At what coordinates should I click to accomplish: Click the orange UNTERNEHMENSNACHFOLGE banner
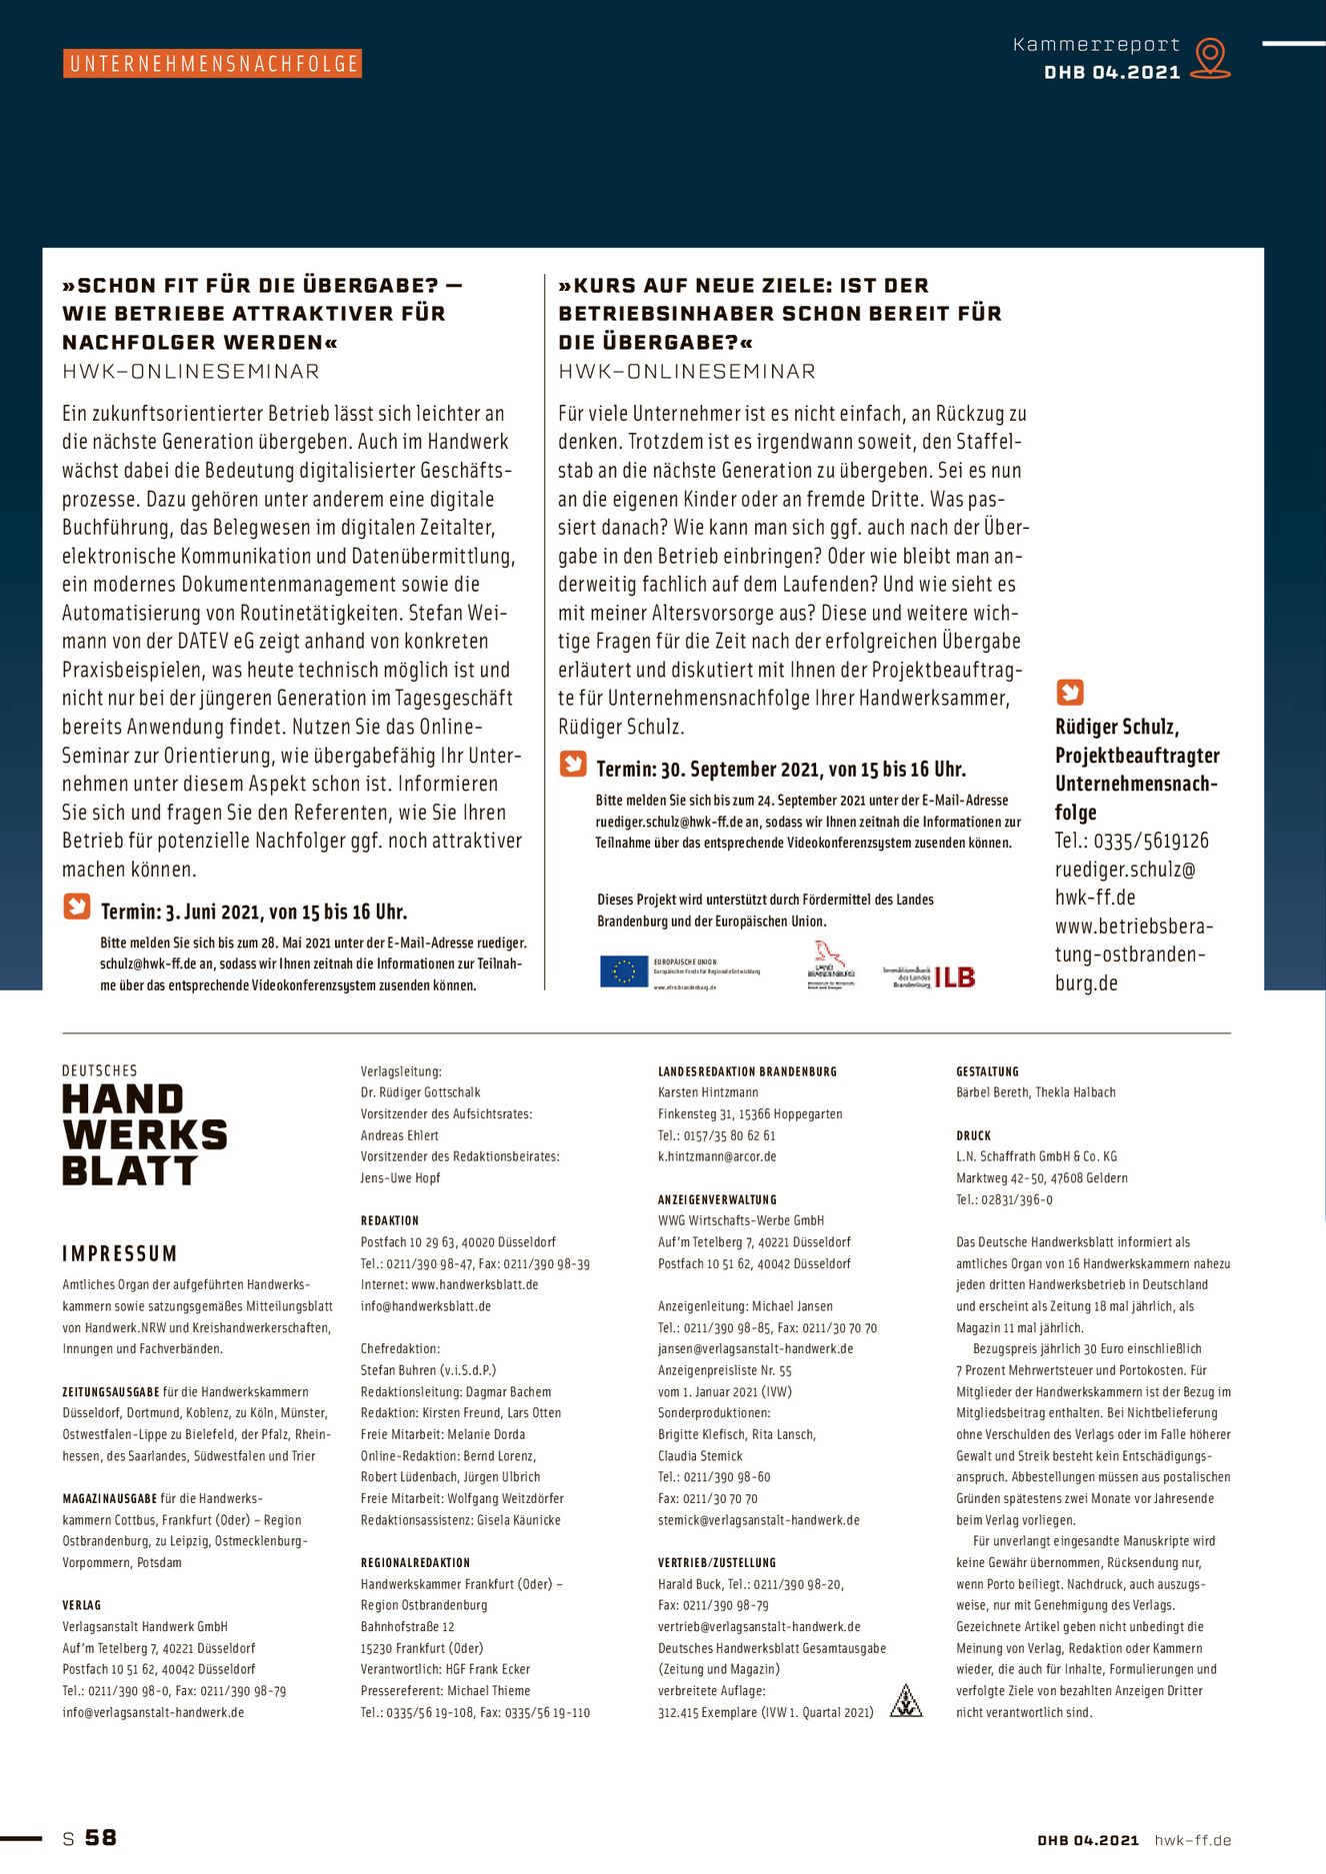click(x=212, y=64)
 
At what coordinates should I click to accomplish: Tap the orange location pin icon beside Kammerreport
click(x=1210, y=57)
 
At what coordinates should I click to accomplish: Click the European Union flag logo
click(x=623, y=971)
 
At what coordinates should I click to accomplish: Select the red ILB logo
click(x=954, y=976)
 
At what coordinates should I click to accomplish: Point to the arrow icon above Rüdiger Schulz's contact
click(x=1069, y=692)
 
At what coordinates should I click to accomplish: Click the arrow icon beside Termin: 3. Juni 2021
click(x=77, y=907)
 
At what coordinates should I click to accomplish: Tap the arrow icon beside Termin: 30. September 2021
click(x=573, y=765)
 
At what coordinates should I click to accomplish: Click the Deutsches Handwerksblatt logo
click(x=144, y=1126)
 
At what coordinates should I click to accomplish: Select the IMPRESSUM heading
click(x=120, y=1253)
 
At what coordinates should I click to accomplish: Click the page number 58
click(x=100, y=1837)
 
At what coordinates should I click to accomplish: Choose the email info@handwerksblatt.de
click(x=426, y=1306)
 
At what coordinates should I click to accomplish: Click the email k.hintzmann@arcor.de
click(x=717, y=1156)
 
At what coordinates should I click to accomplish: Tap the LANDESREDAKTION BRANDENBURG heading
click(x=747, y=1071)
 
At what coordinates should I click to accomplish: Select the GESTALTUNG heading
click(x=987, y=1071)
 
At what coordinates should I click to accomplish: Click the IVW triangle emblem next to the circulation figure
click(x=906, y=1700)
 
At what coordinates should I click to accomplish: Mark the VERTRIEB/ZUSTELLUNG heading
click(x=716, y=1562)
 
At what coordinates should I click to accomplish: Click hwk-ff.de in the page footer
click(x=1192, y=1840)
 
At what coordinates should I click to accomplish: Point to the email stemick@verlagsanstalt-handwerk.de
click(x=758, y=1520)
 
